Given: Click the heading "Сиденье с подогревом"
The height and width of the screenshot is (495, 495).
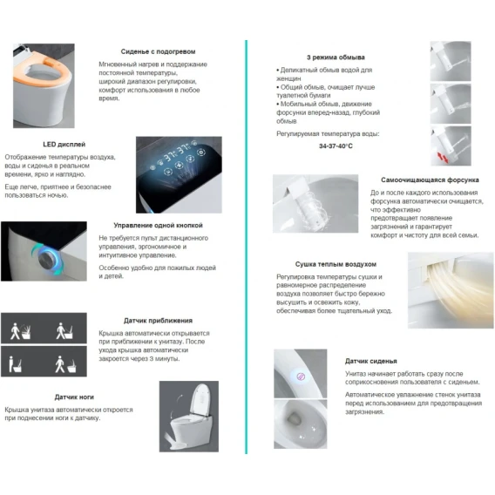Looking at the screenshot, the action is click(x=158, y=51).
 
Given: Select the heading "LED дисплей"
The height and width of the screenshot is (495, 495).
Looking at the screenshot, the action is click(x=64, y=145).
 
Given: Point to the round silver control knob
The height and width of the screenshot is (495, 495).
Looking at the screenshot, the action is click(x=48, y=259).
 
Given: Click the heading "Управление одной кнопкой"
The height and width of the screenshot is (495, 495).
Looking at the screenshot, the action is click(x=158, y=226).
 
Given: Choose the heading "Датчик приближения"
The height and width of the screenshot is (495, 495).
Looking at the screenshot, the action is click(x=158, y=321).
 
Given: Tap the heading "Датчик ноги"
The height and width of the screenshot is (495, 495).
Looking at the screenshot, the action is click(x=74, y=397).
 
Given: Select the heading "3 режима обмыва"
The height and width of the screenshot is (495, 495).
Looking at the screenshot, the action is click(x=336, y=58).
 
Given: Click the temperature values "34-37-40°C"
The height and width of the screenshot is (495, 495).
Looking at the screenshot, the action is click(x=336, y=146).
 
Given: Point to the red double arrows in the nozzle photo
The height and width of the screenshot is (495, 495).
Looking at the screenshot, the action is click(x=443, y=157).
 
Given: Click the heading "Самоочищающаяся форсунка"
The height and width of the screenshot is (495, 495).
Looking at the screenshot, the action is click(x=430, y=180).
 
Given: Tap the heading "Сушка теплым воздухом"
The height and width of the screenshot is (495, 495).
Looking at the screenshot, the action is click(x=336, y=264).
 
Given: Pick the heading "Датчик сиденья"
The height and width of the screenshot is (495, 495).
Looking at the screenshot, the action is click(x=370, y=361).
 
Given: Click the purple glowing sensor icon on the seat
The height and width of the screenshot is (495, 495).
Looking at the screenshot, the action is click(x=301, y=376).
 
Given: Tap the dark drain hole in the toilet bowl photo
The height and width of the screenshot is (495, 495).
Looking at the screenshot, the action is click(x=295, y=419).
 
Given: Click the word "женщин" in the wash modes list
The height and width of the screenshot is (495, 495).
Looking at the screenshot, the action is click(x=288, y=78).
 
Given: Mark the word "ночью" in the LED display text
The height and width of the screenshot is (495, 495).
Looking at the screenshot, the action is click(x=58, y=195).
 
